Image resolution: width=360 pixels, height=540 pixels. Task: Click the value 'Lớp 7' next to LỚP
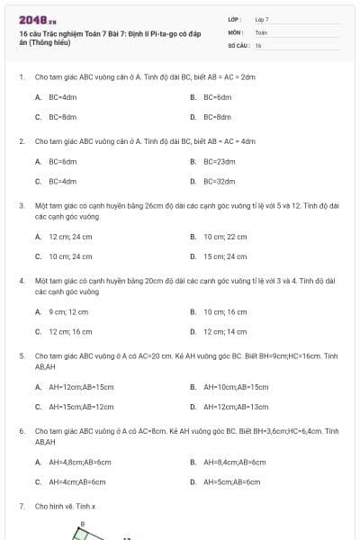(x=262, y=19)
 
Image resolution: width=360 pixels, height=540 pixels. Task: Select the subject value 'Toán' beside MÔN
(x=261, y=31)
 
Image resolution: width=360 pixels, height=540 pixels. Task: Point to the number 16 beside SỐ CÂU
(x=258, y=44)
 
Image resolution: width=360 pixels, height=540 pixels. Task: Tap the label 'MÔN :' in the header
(x=236, y=31)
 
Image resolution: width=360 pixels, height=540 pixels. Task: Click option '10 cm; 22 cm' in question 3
(x=224, y=237)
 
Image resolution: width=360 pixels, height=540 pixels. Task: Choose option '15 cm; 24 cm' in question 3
(x=224, y=256)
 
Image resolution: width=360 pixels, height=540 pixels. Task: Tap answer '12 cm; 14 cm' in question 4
(x=224, y=331)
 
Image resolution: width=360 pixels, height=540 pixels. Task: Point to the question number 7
(x=22, y=507)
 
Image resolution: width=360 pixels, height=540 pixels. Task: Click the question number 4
(x=22, y=281)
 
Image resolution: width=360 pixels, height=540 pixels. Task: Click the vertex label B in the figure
(x=82, y=523)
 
